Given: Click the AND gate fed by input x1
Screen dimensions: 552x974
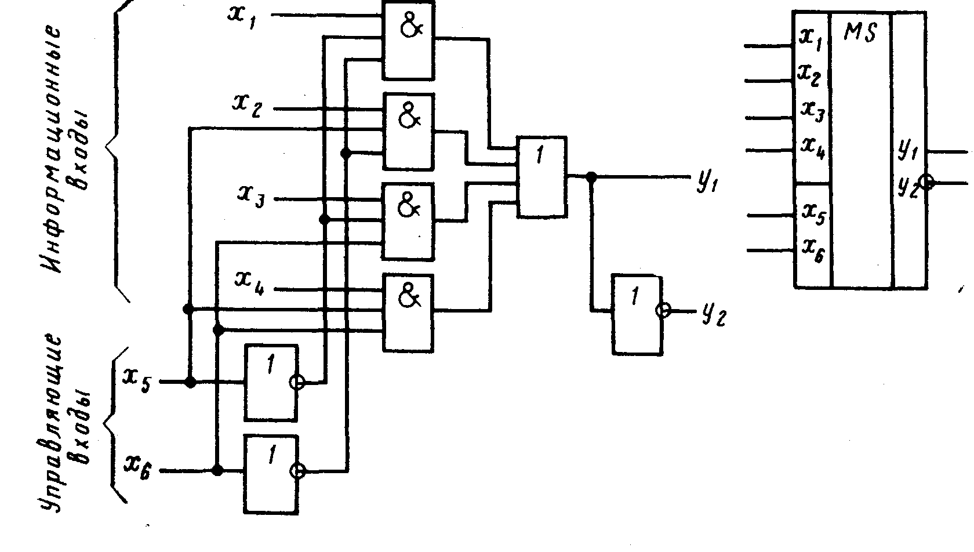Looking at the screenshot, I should pos(408,39).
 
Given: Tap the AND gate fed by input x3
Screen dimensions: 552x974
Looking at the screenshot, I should pos(408,221).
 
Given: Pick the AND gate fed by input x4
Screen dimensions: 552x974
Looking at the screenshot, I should pos(408,312).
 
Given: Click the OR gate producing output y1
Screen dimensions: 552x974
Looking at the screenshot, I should pos(542,177).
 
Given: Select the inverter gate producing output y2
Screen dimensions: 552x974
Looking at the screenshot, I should pos(637,314).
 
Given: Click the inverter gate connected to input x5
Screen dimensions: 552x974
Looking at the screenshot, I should pos(271,383).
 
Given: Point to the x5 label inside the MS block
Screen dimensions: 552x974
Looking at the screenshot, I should pos(813,213).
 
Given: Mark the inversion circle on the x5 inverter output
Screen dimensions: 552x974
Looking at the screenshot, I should pos(298,382).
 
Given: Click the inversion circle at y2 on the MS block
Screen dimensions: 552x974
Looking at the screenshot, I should pos(927,183).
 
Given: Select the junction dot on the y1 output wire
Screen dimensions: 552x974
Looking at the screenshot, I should pos(591,176).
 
